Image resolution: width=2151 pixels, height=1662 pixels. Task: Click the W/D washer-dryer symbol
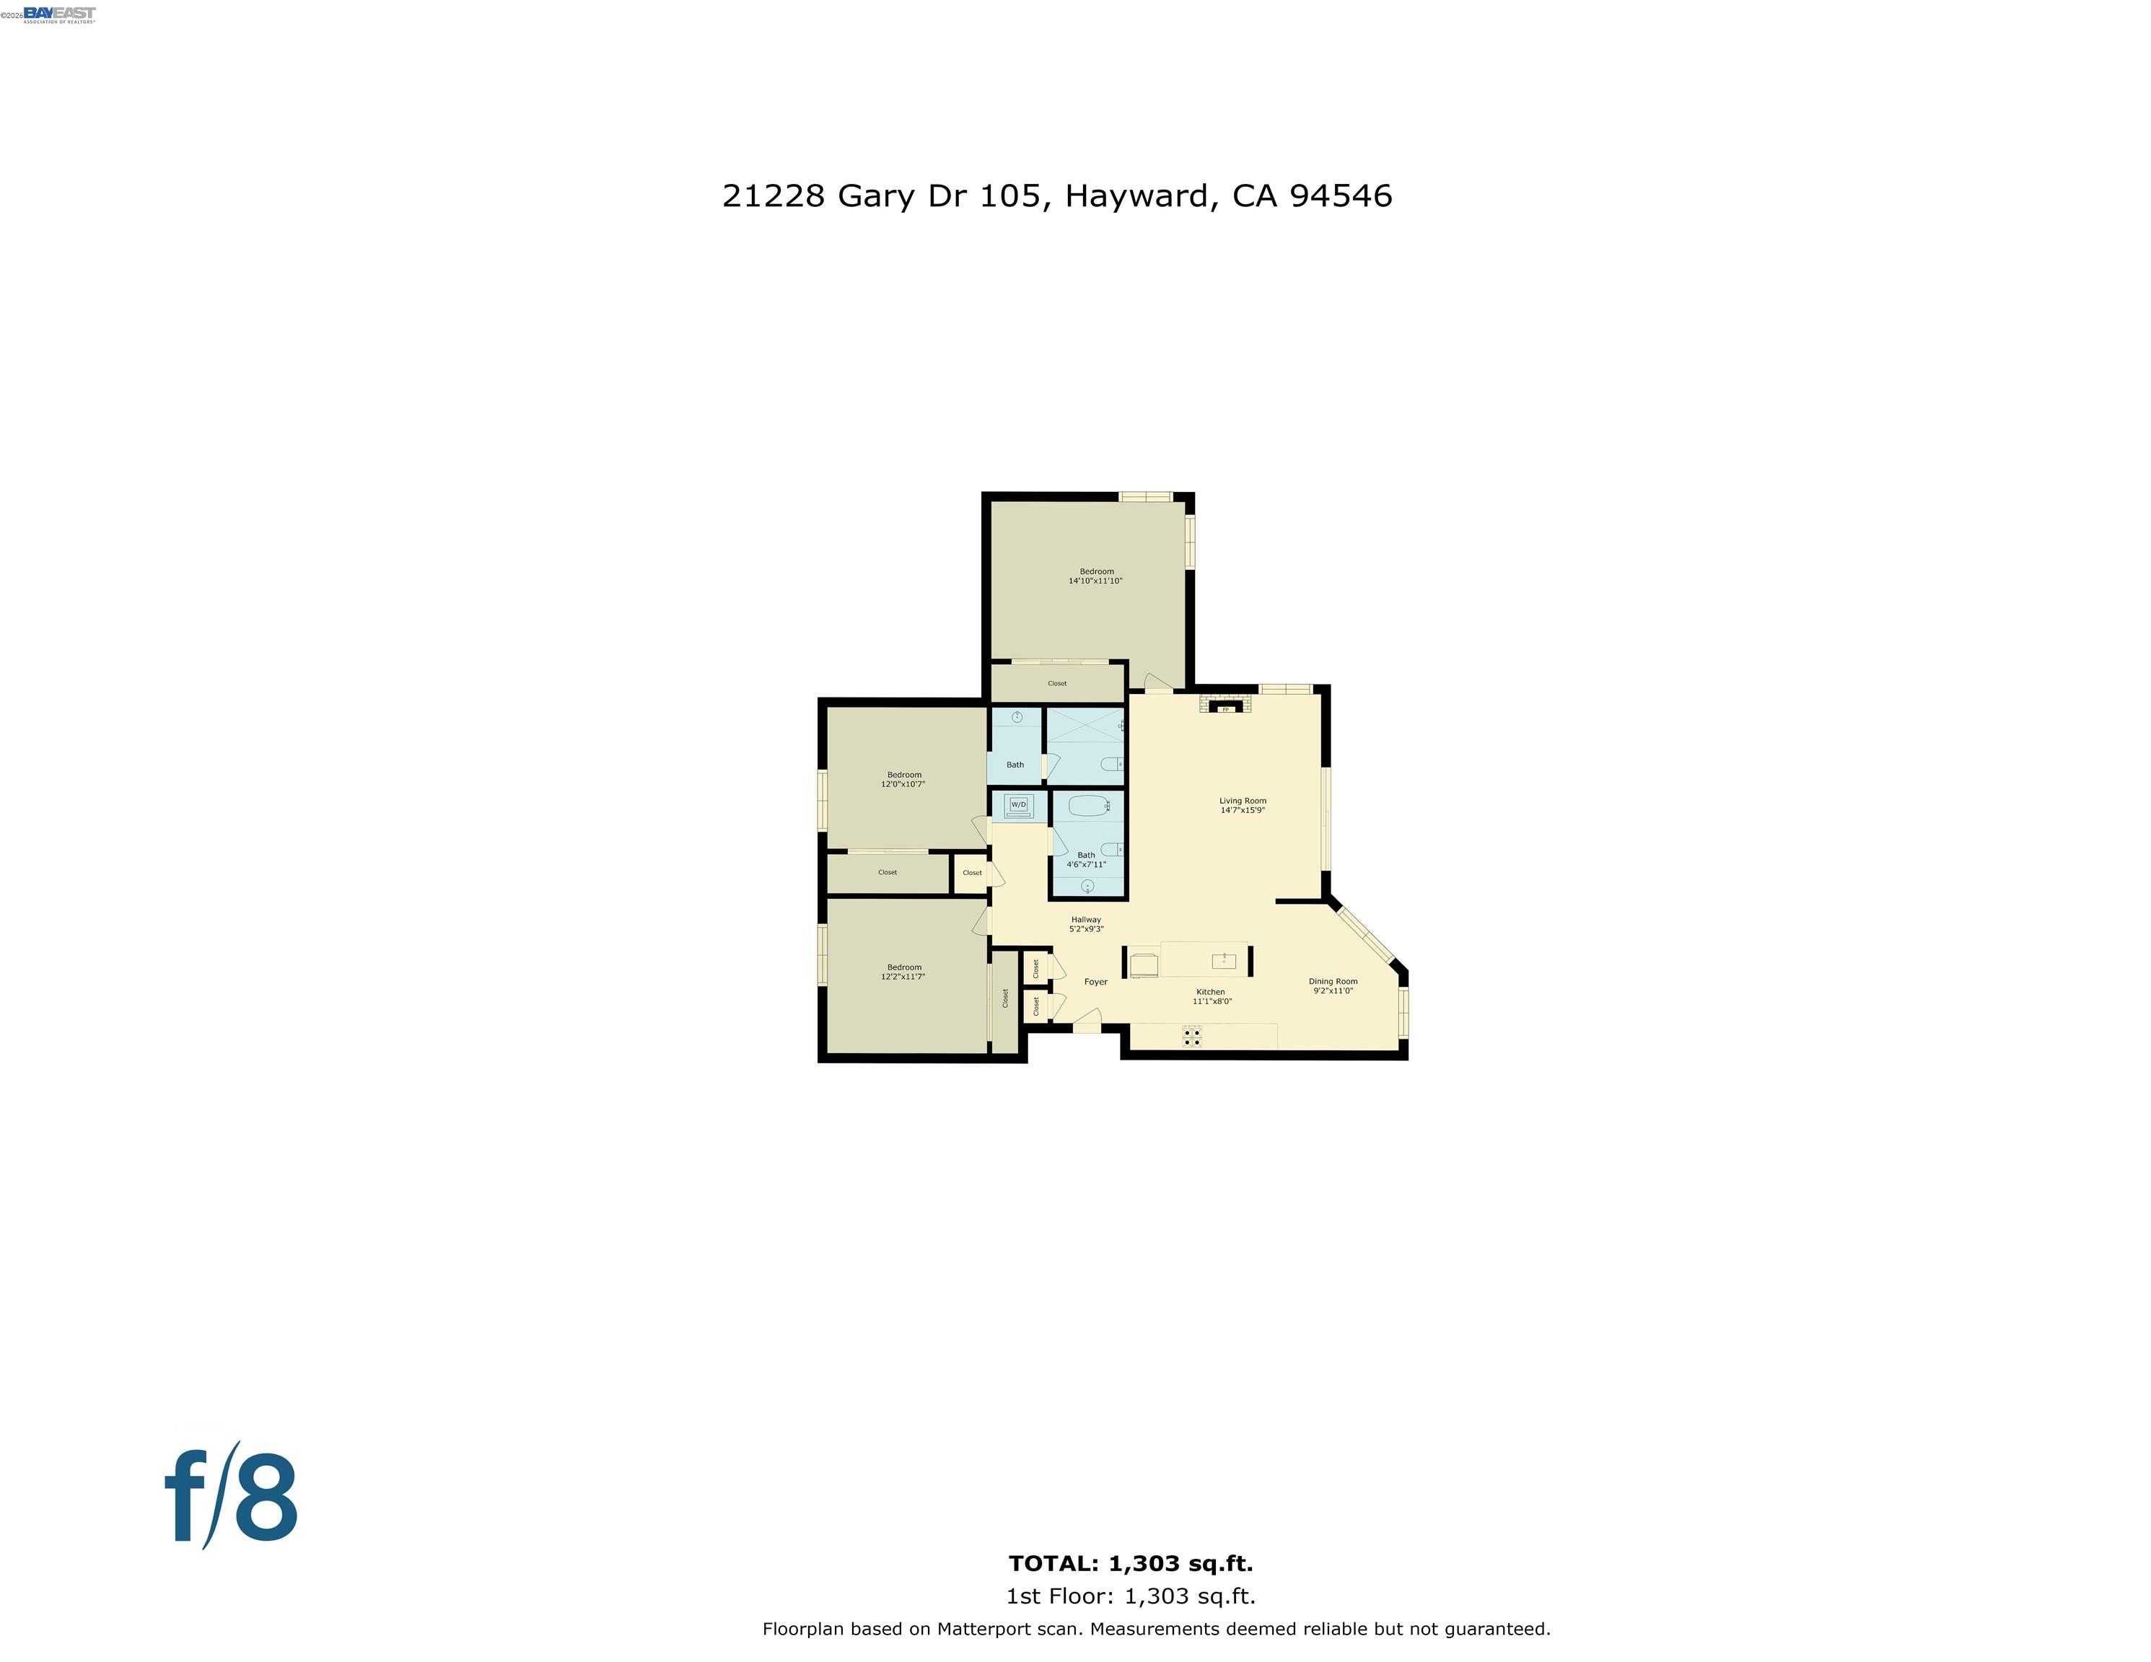coord(1018,804)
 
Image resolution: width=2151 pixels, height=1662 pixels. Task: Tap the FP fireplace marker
coord(1225,708)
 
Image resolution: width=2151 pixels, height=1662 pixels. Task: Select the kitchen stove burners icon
coord(1192,1035)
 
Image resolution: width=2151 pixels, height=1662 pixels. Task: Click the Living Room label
coord(1243,801)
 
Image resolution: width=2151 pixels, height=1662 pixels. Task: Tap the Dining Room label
coord(1333,980)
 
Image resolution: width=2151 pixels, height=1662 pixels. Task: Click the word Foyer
coord(1095,982)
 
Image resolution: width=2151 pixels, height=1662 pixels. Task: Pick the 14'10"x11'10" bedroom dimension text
coord(1095,581)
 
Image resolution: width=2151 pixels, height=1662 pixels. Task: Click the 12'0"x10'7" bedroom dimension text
coord(903,785)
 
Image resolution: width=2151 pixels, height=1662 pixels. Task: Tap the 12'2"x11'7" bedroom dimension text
coord(903,977)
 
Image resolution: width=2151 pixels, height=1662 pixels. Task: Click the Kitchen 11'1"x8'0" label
coord(1212,996)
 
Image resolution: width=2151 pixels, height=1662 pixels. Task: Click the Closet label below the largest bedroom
coord(1057,683)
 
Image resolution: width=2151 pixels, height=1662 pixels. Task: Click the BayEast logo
coord(59,14)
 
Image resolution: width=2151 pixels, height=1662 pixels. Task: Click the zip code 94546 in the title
coord(1341,196)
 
